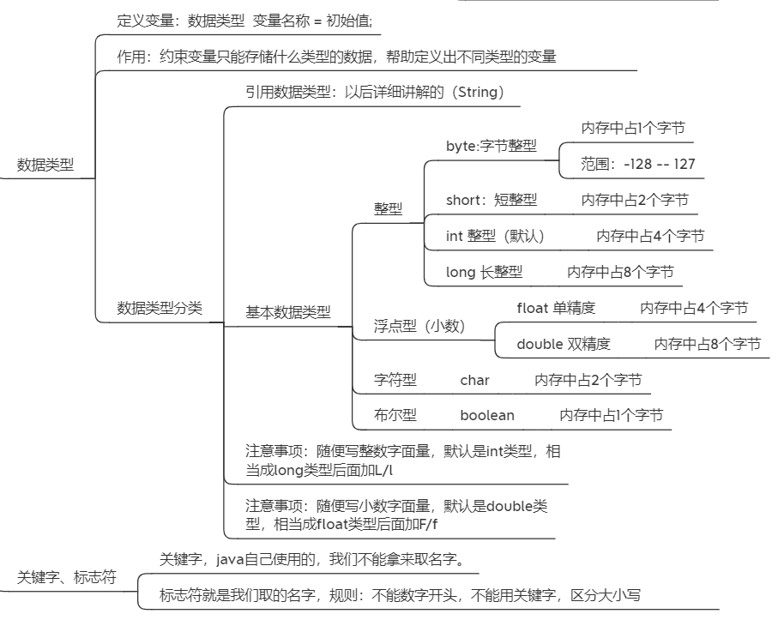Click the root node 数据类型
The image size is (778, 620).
point(45,166)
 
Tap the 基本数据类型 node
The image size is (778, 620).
point(288,313)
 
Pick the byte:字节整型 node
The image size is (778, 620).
point(492,146)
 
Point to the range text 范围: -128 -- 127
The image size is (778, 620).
point(638,164)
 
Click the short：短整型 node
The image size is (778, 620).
point(492,200)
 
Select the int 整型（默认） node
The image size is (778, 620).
point(495,236)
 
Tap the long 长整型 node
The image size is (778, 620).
point(484,272)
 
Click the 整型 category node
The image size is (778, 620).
point(388,208)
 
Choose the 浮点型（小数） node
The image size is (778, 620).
point(419,326)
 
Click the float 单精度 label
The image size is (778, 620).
point(556,308)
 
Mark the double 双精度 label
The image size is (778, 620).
point(564,344)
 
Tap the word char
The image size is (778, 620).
point(474,380)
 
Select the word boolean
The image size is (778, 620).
point(487,416)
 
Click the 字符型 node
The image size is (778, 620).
point(395,380)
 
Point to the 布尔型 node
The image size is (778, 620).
point(395,416)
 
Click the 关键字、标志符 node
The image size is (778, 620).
point(67,578)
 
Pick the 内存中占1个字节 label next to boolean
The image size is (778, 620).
point(611,416)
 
